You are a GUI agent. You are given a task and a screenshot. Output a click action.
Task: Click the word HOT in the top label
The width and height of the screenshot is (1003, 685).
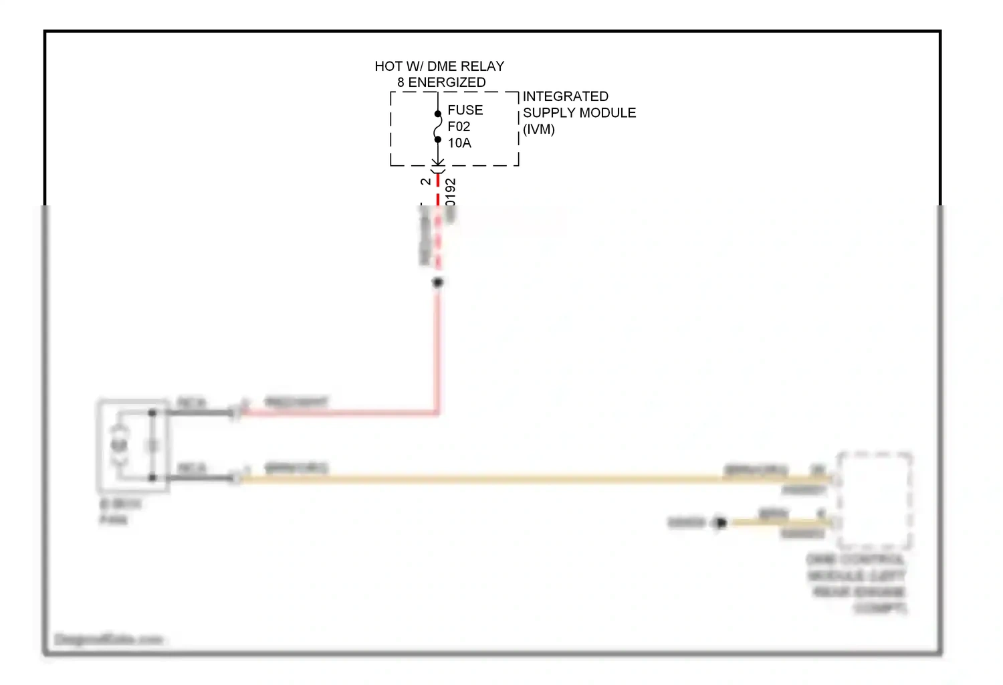[388, 66]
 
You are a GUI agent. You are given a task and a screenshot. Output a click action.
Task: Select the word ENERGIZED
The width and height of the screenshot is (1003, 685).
[447, 82]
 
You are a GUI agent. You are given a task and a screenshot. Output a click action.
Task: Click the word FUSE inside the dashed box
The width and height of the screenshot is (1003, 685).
[465, 110]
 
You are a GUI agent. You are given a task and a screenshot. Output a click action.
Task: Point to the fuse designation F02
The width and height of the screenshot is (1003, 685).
[459, 126]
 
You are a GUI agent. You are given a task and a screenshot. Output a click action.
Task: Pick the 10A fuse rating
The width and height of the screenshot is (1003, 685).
[459, 143]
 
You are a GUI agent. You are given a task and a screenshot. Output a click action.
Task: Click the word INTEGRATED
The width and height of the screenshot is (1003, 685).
[565, 96]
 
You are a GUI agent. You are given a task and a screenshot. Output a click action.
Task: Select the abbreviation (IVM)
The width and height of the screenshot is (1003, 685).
[539, 130]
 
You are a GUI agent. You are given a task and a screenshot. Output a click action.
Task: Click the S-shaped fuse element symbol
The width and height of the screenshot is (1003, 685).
[438, 126]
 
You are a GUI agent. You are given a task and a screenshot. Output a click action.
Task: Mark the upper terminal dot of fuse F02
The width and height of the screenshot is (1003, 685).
[438, 114]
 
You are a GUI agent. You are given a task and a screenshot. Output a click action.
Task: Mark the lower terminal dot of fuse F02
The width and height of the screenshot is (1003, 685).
[438, 140]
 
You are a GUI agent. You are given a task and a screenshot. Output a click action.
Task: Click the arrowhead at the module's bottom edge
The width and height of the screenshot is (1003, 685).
[438, 163]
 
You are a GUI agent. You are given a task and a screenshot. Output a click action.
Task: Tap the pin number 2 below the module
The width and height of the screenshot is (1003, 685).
[426, 182]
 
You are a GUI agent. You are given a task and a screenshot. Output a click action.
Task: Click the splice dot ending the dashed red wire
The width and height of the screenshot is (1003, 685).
[438, 283]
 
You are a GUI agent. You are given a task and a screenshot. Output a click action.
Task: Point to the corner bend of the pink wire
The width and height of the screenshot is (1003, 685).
[438, 413]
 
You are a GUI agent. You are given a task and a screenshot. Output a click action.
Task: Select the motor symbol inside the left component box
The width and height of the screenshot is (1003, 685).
[120, 445]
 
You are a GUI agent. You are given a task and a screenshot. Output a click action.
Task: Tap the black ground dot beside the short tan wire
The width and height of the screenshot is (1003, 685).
[720, 522]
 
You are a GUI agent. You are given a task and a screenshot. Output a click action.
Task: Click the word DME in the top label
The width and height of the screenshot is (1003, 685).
[441, 66]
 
